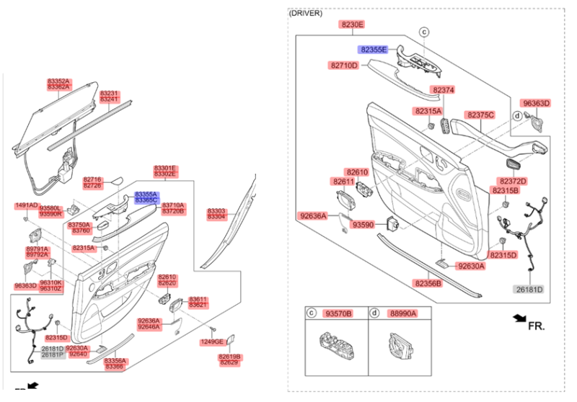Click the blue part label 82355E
pyautogui.click(x=374, y=49)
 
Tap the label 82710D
pyautogui.click(x=345, y=66)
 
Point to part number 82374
pyautogui.click(x=443, y=90)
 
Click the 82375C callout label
pyautogui.click(x=480, y=115)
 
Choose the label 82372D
pyautogui.click(x=512, y=181)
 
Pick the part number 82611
pyautogui.click(x=344, y=182)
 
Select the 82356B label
pyautogui.click(x=428, y=284)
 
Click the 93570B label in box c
pyautogui.click(x=338, y=313)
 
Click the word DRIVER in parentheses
pyautogui.click(x=305, y=13)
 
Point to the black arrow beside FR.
pyautogui.click(x=518, y=318)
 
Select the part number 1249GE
pyautogui.click(x=212, y=341)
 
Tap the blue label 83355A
pyautogui.click(x=146, y=195)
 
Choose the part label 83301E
pyautogui.click(x=164, y=168)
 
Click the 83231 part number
pyautogui.click(x=109, y=93)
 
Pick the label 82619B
pyautogui.click(x=229, y=357)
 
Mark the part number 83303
pyautogui.click(x=216, y=211)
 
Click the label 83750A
pyautogui.click(x=79, y=225)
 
